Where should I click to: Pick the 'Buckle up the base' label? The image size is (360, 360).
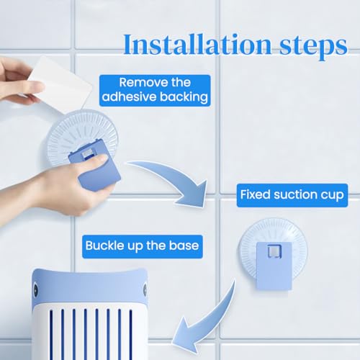(x=143, y=246)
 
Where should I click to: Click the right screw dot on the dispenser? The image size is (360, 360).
(x=145, y=289)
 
